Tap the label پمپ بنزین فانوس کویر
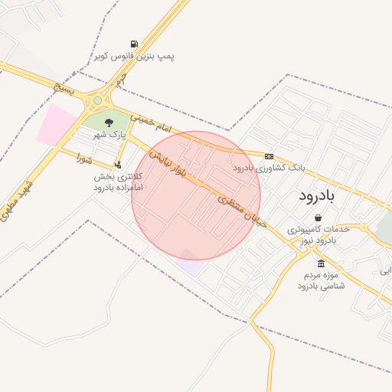point(135,57)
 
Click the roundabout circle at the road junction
point(97,100)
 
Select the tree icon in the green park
point(109,121)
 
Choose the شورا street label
point(85,160)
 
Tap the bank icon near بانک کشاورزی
point(269,156)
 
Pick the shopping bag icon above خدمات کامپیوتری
point(318,217)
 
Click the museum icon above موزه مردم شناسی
point(320,263)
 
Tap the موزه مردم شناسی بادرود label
point(321,279)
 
